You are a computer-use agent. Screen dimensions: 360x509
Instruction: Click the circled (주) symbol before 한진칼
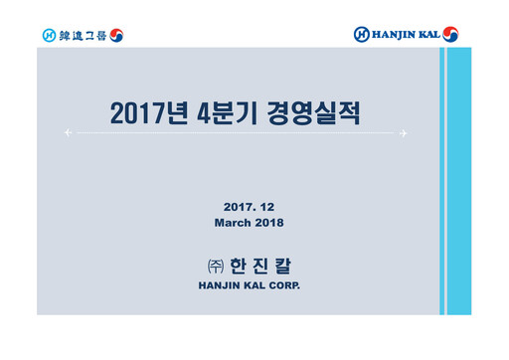click(209, 267)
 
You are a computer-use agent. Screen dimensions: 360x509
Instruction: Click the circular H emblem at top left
click(49, 36)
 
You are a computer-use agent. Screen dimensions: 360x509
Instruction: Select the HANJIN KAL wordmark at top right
click(406, 35)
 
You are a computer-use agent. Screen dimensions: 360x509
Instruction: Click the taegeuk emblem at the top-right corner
click(451, 35)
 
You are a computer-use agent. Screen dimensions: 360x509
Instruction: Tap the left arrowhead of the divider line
click(67, 132)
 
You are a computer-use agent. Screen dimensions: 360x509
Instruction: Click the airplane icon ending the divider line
click(405, 132)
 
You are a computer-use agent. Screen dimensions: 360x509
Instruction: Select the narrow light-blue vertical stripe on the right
click(442, 179)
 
